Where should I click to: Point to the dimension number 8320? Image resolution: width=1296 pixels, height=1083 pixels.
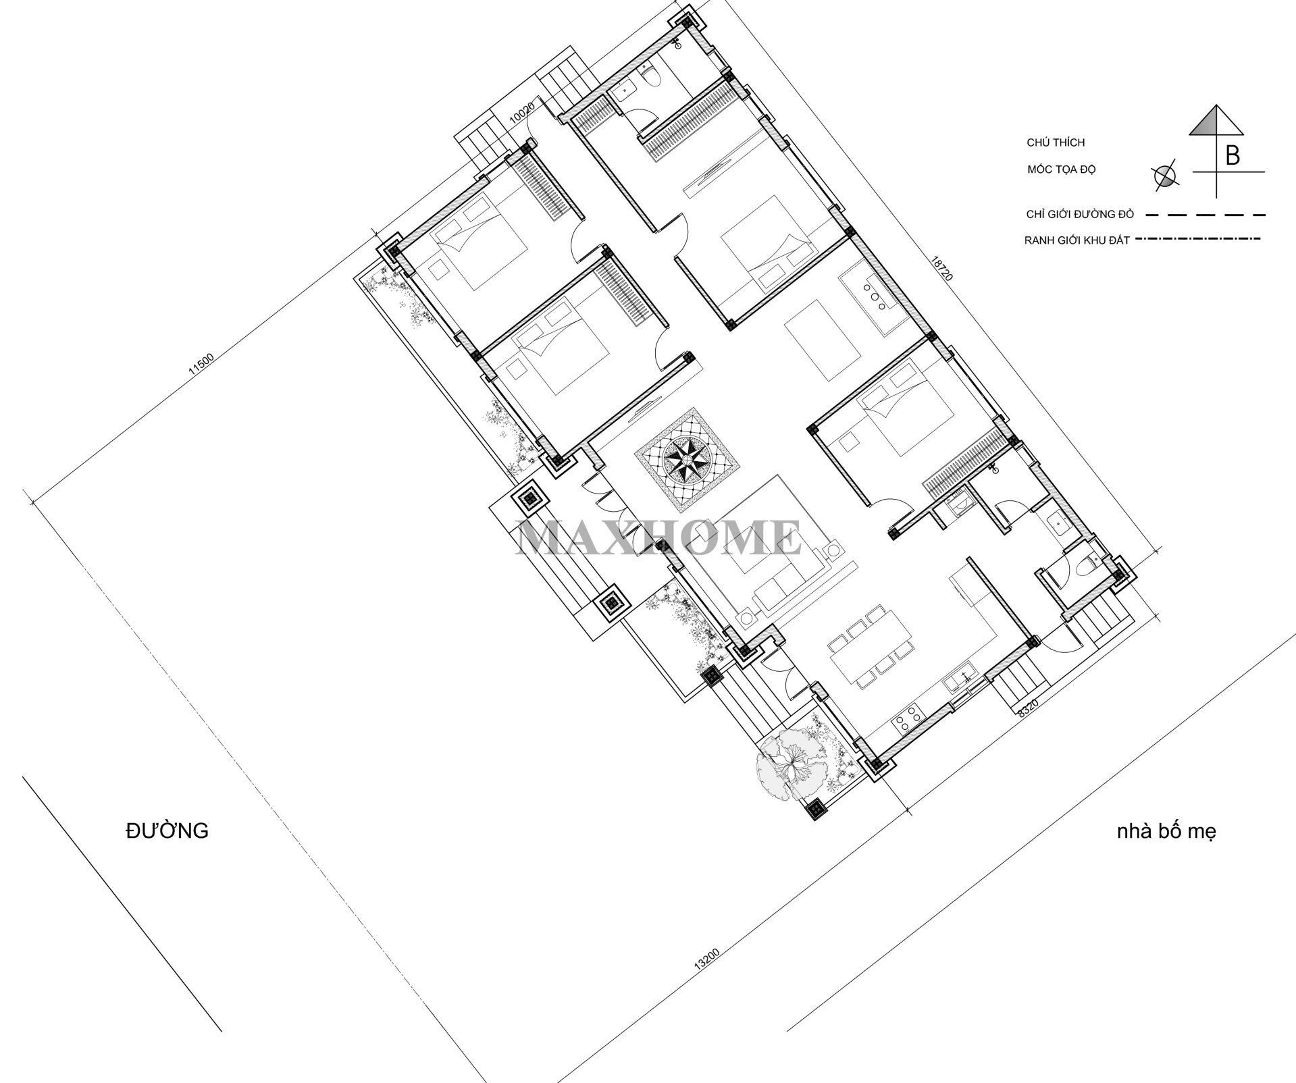pos(1027,708)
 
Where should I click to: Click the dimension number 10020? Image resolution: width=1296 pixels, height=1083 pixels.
pos(522,112)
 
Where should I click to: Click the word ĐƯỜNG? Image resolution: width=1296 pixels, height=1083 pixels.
pos(167,830)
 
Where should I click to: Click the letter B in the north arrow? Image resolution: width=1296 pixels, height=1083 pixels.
pos(1232,156)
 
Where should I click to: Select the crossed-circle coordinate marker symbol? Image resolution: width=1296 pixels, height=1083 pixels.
pos(1164,176)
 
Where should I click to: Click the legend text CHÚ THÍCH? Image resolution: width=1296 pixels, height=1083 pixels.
pos(1056,142)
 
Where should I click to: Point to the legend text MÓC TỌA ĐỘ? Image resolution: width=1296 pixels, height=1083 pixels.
pos(1061,169)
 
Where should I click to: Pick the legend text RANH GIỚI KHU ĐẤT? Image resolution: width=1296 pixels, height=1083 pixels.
pos(1077,240)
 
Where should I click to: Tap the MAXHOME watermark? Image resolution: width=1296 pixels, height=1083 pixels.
pos(658,538)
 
